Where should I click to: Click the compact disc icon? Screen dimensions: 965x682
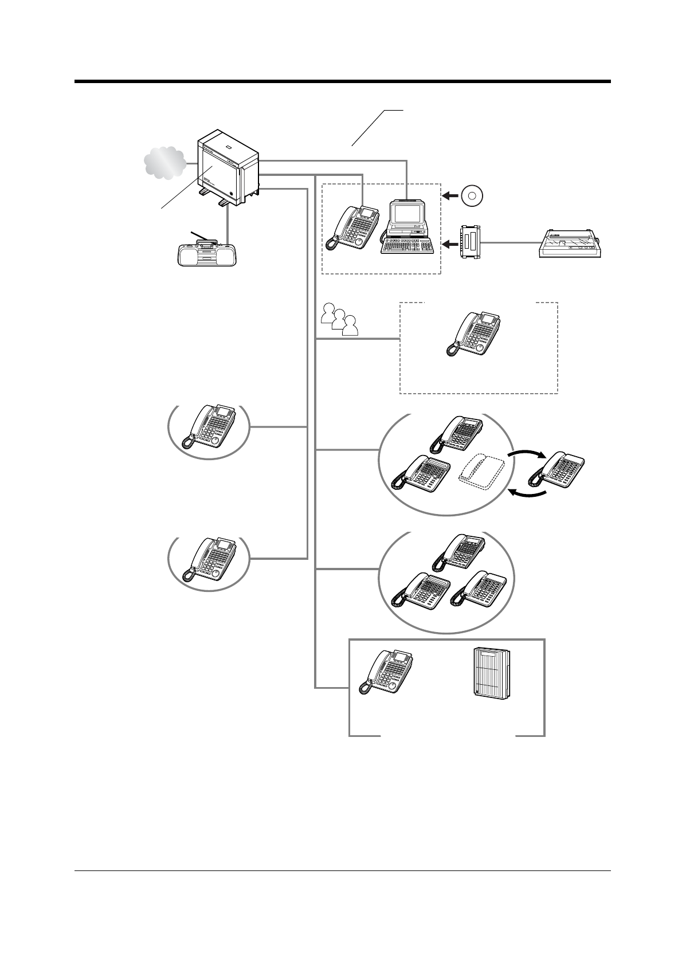[x=472, y=196]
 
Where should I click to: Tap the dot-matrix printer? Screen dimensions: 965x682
[x=570, y=245]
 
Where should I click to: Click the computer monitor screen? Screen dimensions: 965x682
[x=406, y=214]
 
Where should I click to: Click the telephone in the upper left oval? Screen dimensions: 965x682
[x=209, y=426]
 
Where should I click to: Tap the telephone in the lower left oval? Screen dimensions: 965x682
[x=209, y=560]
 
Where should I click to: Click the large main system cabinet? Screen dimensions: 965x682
[x=228, y=166]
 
